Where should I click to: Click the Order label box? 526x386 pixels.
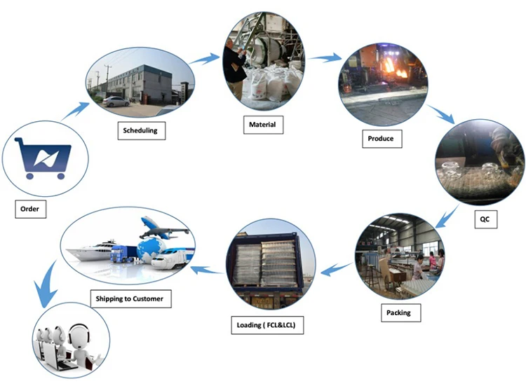[29, 209]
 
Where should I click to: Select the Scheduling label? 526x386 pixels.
[140, 130]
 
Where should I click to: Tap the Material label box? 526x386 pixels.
[262, 126]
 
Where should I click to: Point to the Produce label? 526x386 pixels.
[381, 139]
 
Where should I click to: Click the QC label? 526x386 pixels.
[485, 219]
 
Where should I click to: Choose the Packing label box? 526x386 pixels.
[398, 312]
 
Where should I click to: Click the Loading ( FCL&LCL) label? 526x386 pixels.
[267, 326]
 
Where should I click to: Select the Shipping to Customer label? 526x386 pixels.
[129, 299]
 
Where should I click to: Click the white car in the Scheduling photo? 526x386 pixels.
[116, 102]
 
